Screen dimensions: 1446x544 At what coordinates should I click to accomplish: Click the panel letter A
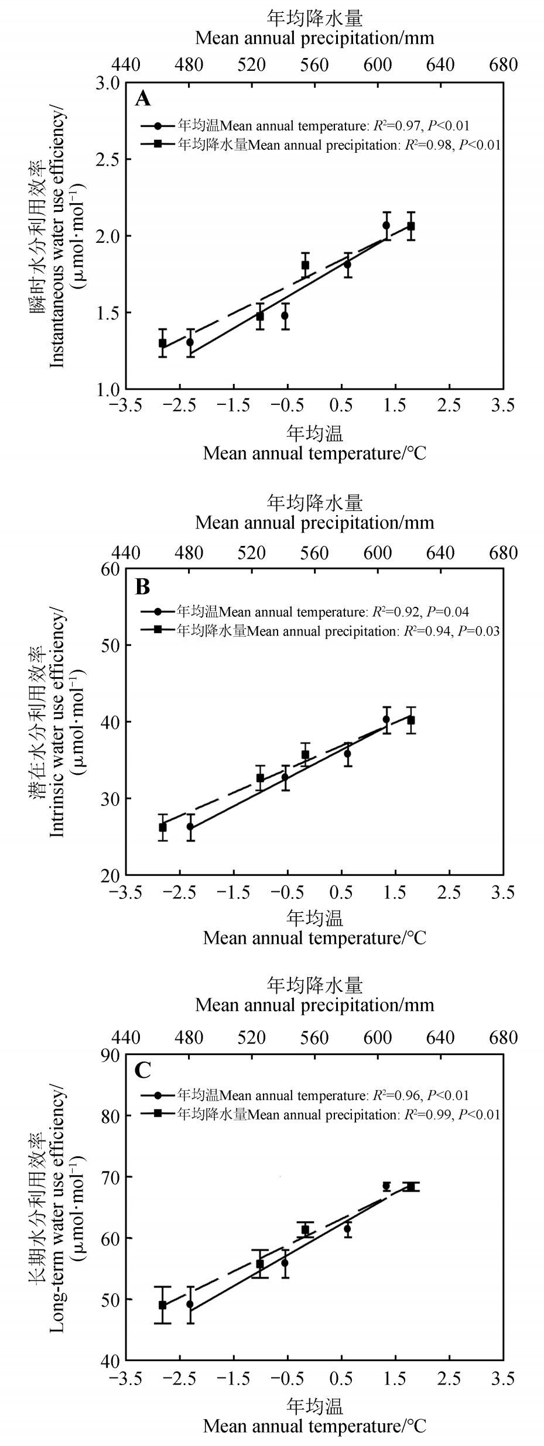point(143,99)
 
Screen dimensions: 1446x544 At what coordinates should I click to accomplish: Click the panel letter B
point(143,586)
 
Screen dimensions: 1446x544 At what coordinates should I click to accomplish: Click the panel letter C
point(143,1071)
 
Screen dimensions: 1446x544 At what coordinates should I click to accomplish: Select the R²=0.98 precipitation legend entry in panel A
point(425,145)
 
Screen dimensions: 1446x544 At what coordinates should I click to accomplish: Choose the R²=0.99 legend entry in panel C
point(425,1115)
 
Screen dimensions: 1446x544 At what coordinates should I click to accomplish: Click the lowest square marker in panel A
point(163,343)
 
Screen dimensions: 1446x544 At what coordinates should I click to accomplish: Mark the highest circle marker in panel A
point(386,225)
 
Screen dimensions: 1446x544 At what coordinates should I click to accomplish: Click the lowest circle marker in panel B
point(190,827)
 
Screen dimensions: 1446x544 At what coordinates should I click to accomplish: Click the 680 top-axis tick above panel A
point(504,64)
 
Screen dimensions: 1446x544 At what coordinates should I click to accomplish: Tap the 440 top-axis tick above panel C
point(126,1038)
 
